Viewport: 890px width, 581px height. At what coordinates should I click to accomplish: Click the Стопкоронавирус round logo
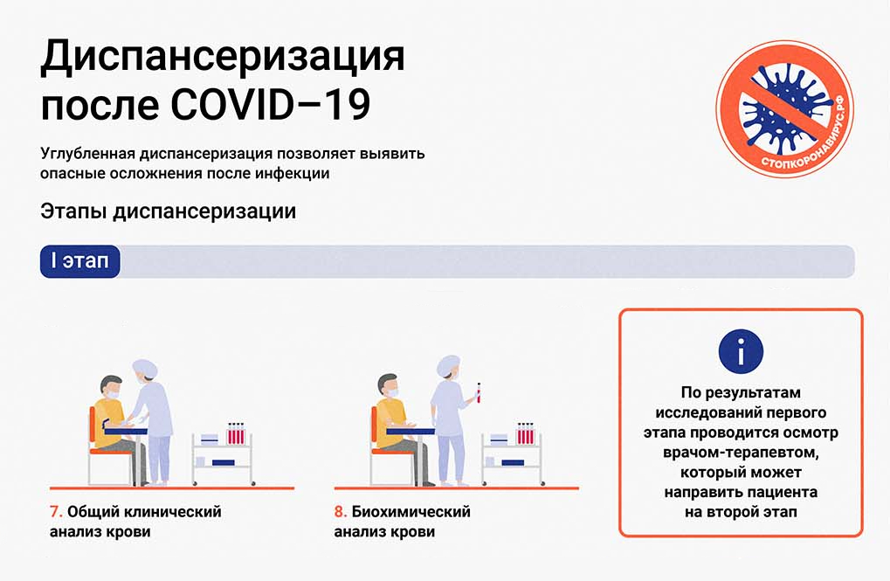point(785,108)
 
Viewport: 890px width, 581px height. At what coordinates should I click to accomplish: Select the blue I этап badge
point(80,261)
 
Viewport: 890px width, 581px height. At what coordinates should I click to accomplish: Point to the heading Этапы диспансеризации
point(168,211)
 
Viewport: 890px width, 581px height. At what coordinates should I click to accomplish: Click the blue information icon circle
point(741,351)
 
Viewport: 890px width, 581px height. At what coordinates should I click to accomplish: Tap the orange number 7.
point(56,512)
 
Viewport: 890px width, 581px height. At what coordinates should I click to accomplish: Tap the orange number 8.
point(340,512)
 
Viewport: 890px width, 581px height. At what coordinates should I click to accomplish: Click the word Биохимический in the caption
point(411,512)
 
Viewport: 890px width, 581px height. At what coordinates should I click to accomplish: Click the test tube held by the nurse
point(479,393)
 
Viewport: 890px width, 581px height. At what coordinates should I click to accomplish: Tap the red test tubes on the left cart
point(236,433)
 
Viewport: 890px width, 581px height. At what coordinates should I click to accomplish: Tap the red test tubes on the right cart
point(525,433)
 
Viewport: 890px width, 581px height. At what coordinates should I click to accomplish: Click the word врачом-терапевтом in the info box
point(741,453)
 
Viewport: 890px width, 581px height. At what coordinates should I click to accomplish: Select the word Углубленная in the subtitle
point(87,154)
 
